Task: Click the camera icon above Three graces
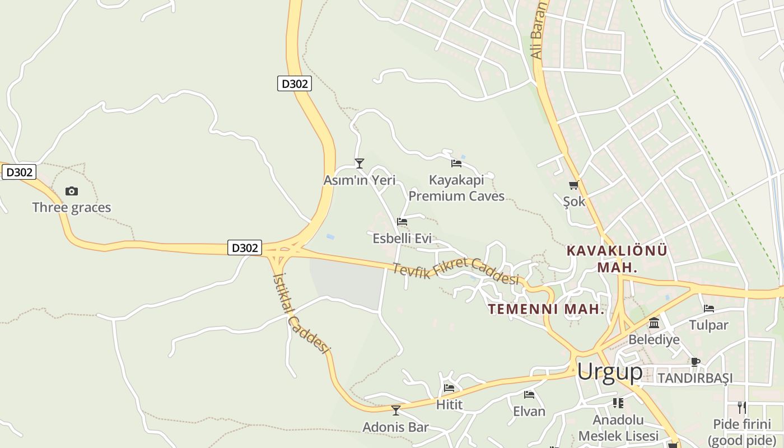click(x=72, y=192)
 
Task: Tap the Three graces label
click(x=72, y=208)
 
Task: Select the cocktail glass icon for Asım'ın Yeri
click(x=360, y=164)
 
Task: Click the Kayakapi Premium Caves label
click(x=456, y=188)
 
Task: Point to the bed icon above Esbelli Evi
click(x=402, y=222)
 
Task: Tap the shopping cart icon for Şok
click(x=573, y=185)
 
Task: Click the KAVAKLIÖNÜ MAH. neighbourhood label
click(x=617, y=259)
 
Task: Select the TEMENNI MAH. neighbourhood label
click(x=546, y=309)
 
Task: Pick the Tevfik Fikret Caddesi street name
click(x=456, y=272)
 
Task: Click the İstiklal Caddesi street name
click(x=300, y=313)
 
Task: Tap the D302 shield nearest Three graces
click(x=19, y=172)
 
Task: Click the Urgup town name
click(x=610, y=371)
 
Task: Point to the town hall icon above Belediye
click(x=654, y=323)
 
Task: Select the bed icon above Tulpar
click(x=709, y=309)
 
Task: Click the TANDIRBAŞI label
click(x=695, y=378)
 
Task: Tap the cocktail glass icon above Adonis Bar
click(x=396, y=410)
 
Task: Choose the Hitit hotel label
click(x=449, y=404)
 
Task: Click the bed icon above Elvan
click(x=529, y=395)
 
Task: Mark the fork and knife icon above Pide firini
click(x=742, y=407)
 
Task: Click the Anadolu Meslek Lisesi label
click(x=618, y=428)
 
